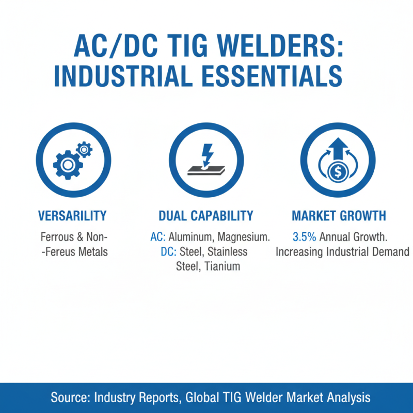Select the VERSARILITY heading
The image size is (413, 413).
coord(72,216)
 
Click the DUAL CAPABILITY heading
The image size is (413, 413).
coord(206,216)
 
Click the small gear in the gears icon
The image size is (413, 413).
coord(84,150)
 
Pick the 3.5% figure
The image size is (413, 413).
coord(304,237)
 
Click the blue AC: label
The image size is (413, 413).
coord(157,237)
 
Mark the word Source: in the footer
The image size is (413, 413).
coord(70,398)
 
